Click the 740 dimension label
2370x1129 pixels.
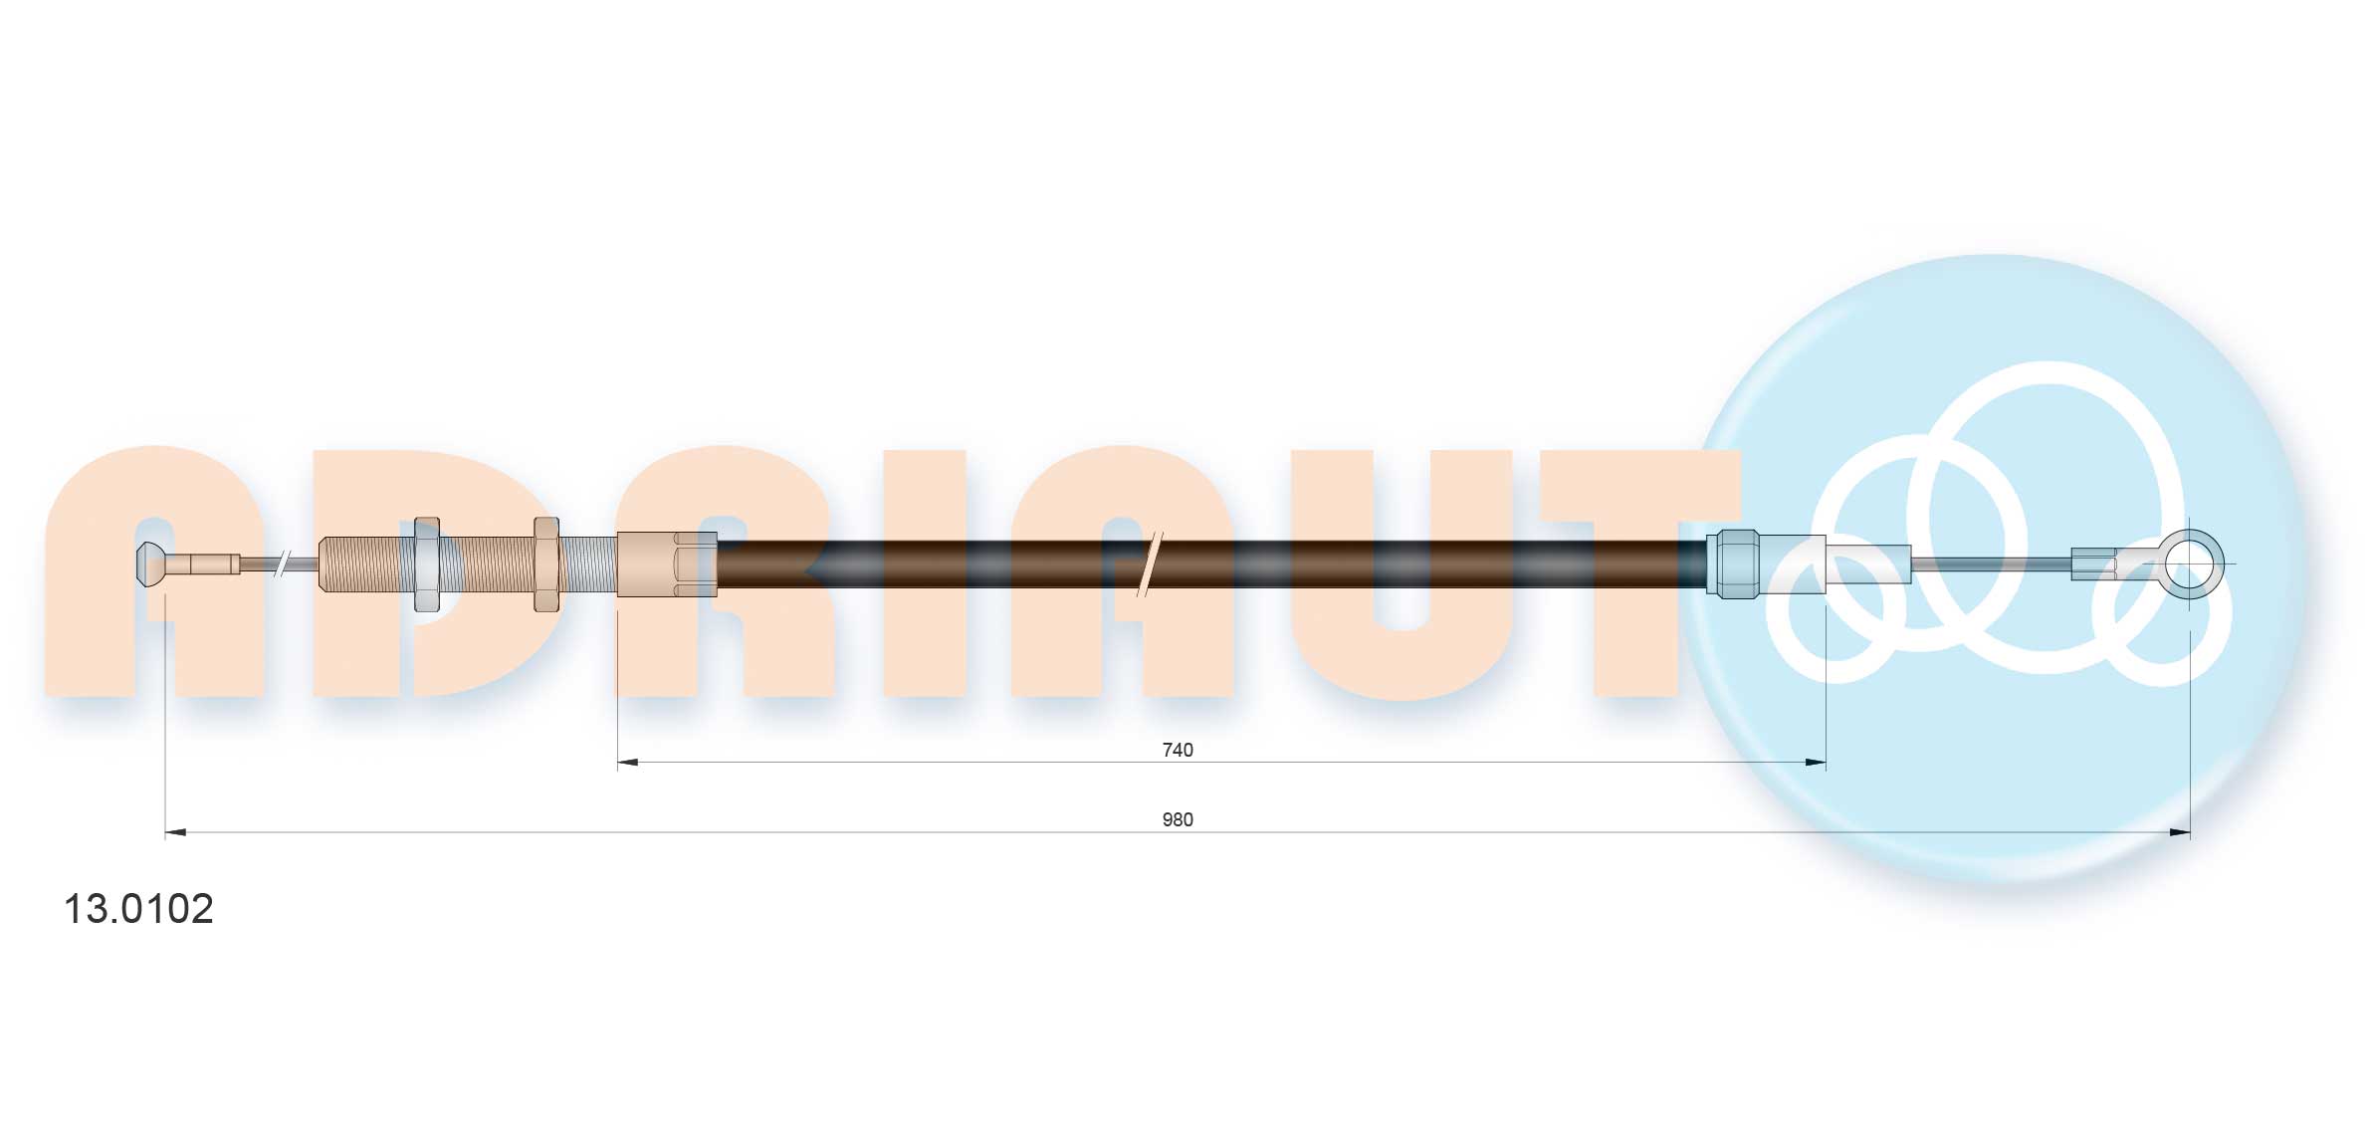1177,750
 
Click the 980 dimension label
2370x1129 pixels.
1177,819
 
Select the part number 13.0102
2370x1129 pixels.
138,908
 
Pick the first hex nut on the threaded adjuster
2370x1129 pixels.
427,564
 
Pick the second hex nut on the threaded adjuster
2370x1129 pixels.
546,564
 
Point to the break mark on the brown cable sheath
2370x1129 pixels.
1150,564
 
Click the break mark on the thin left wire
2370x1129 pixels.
283,564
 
